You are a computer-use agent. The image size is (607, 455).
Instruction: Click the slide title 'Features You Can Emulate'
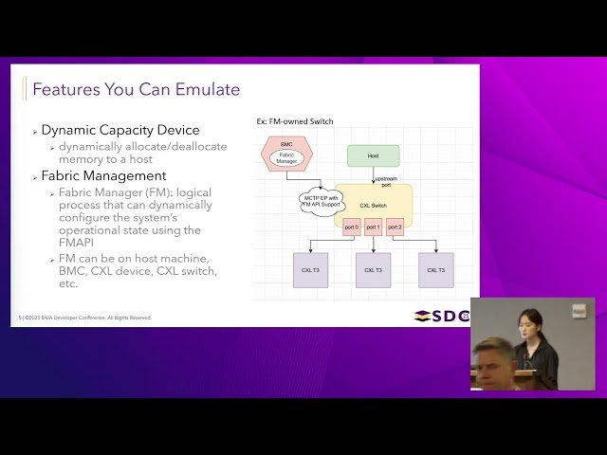click(136, 90)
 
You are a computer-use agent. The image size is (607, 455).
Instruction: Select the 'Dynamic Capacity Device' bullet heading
click(120, 130)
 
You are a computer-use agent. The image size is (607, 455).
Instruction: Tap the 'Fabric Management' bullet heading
click(103, 175)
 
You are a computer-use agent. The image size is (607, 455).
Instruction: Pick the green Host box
click(373, 155)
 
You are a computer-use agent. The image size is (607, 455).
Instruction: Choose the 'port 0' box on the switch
click(352, 227)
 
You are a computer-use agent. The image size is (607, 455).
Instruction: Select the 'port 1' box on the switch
click(373, 227)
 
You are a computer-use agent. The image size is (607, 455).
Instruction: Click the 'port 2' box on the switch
click(395, 227)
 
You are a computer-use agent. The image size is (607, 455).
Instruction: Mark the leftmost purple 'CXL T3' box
click(310, 270)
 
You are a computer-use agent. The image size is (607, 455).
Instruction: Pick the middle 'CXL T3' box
click(373, 270)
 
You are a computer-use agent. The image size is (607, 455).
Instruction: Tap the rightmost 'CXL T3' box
click(435, 270)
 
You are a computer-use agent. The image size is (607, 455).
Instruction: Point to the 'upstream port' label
click(385, 181)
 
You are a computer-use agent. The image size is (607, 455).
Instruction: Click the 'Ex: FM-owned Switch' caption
click(295, 121)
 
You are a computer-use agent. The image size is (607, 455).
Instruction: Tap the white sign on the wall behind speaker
click(579, 311)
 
